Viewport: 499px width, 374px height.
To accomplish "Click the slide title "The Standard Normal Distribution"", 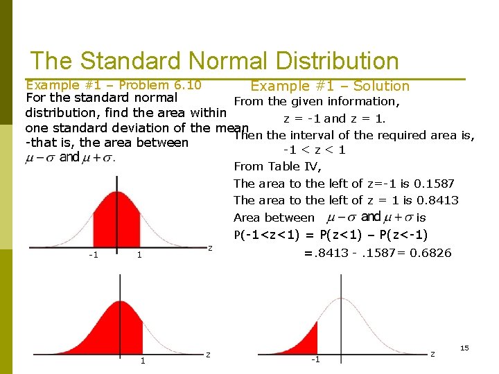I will (214, 61).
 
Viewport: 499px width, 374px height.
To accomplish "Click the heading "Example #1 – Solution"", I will (330, 86).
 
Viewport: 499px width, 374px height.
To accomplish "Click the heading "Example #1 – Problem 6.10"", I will (113, 85).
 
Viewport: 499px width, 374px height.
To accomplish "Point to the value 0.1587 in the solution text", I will (434, 184).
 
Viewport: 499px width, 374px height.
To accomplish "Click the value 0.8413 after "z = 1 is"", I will (438, 200).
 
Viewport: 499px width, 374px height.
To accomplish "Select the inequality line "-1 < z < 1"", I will (315, 150).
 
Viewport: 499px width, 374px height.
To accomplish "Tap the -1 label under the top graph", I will (93, 254).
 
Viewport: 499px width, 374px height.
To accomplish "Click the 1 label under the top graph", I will (139, 255).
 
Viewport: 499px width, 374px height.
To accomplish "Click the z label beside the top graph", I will (210, 248).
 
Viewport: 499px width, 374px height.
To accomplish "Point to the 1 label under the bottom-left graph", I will (143, 360).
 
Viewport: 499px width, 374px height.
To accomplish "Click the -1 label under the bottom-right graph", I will (315, 359).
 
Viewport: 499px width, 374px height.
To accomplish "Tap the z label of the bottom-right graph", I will (432, 355).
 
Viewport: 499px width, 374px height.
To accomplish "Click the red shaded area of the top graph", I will (116, 215).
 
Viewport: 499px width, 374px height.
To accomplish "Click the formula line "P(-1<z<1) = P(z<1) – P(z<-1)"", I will (331, 235).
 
